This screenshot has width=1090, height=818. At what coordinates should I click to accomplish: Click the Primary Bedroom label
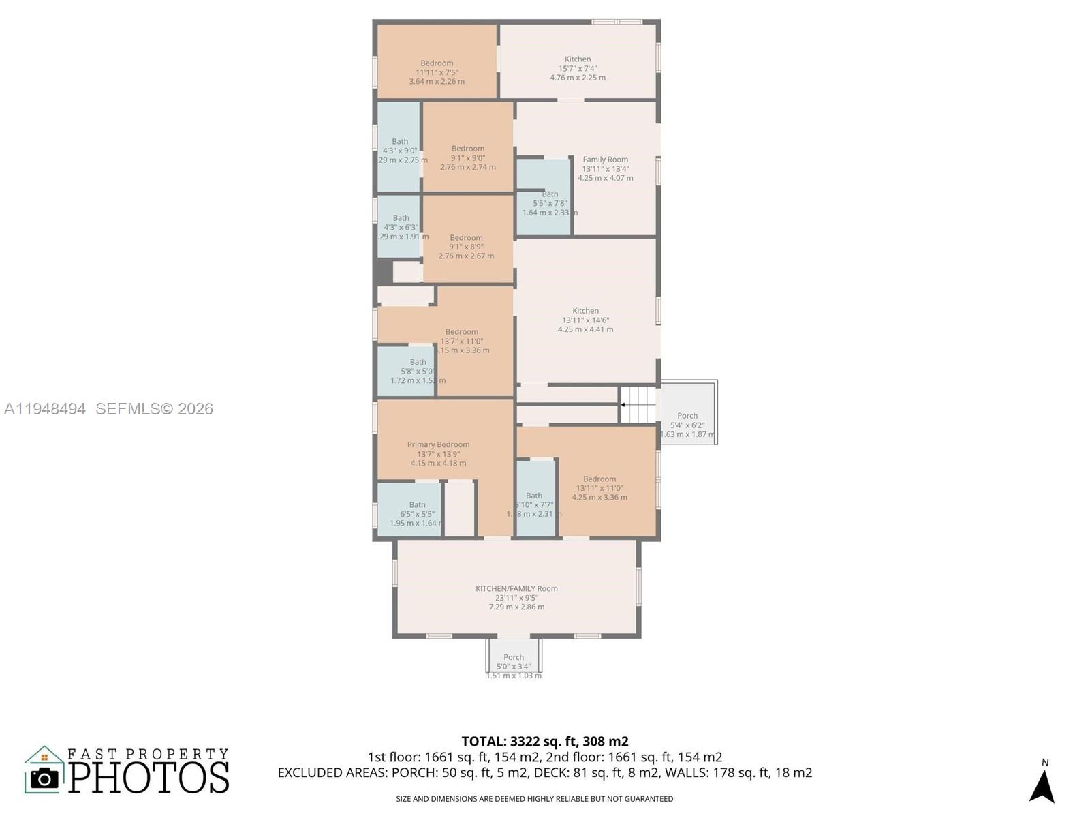pyautogui.click(x=438, y=444)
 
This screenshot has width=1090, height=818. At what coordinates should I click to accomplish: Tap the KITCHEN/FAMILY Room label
pyautogui.click(x=516, y=588)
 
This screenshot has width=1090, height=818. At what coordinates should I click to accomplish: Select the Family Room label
pyautogui.click(x=605, y=160)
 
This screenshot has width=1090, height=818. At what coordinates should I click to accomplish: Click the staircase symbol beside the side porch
pyautogui.click(x=638, y=404)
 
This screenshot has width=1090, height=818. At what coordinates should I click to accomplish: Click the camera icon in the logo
pyautogui.click(x=45, y=778)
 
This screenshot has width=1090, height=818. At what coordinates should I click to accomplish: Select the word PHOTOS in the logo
pyautogui.click(x=149, y=778)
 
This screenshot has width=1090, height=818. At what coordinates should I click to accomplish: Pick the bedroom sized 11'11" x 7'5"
pyautogui.click(x=437, y=72)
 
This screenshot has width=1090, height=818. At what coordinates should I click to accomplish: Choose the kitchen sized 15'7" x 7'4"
pyautogui.click(x=578, y=68)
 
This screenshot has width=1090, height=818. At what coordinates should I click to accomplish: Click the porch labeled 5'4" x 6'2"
pyautogui.click(x=687, y=424)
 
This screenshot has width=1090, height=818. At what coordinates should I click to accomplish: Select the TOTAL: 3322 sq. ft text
pyautogui.click(x=544, y=741)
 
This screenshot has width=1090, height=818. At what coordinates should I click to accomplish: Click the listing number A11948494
pyautogui.click(x=45, y=408)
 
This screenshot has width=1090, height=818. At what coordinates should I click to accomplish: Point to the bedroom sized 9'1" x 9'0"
pyautogui.click(x=468, y=157)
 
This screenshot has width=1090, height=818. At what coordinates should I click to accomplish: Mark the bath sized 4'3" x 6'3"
pyautogui.click(x=401, y=227)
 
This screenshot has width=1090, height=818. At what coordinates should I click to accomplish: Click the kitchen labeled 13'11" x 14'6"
pyautogui.click(x=585, y=320)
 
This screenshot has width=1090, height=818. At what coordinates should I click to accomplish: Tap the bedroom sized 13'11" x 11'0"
pyautogui.click(x=599, y=487)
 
